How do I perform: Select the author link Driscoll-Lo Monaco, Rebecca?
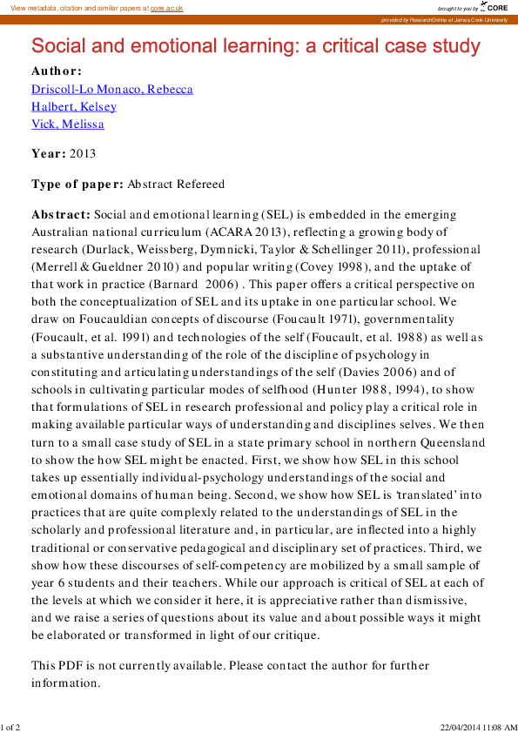[x=112, y=90]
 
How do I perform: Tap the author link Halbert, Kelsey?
[x=74, y=107]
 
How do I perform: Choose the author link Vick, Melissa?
[x=68, y=124]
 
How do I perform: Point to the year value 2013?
[x=83, y=154]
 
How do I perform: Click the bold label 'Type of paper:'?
[x=77, y=185]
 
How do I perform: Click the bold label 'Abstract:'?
[x=61, y=214]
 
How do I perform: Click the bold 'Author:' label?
[x=57, y=71]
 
